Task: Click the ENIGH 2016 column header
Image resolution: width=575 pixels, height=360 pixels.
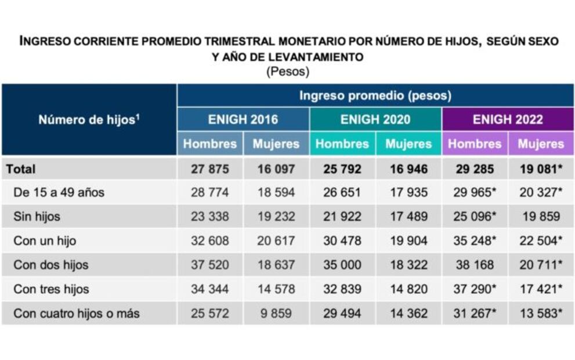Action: pos(243,120)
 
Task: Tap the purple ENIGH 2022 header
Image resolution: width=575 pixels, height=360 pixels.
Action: pos(508,120)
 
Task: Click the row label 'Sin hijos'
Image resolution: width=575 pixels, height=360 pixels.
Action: pos(37,217)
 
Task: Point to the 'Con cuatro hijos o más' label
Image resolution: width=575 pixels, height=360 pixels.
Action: pos(77,314)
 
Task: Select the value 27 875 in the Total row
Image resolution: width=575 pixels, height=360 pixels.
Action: pos(210,169)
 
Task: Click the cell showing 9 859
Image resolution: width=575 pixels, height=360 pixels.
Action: pos(276,314)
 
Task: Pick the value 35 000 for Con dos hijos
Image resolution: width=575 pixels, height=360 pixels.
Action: pos(342,265)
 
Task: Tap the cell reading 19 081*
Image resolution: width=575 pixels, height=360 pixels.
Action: pos(542,169)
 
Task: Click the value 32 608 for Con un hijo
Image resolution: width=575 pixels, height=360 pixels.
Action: pos(210,240)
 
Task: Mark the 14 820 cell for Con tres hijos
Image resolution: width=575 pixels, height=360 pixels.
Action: pos(408,289)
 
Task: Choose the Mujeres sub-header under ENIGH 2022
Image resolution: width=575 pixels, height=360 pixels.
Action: pos(541,143)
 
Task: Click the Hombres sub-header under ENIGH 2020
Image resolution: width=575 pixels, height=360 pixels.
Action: pos(342,143)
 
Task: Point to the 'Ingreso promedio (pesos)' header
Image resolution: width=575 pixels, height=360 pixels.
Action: pos(375,95)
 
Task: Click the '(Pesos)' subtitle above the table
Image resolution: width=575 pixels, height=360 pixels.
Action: pos(288,72)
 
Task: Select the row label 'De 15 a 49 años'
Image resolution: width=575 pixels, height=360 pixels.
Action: pos(59,193)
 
